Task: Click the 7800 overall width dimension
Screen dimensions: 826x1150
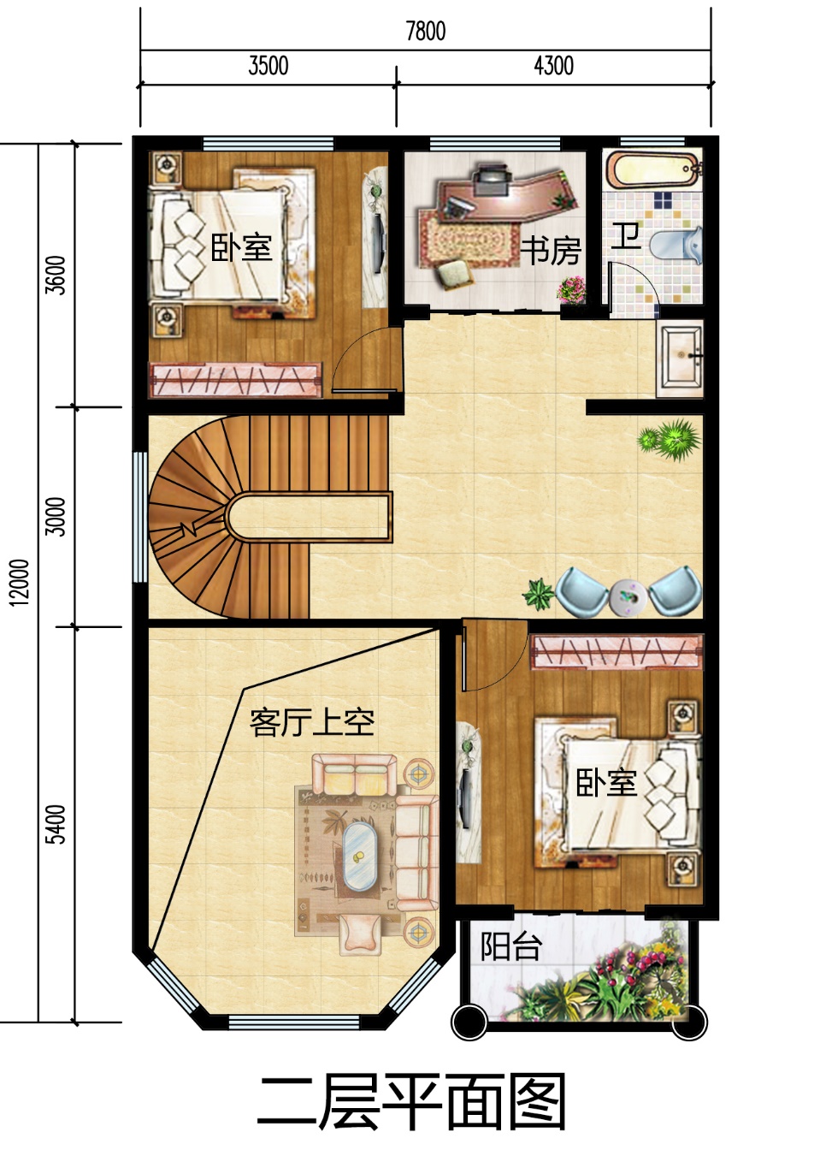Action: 425,32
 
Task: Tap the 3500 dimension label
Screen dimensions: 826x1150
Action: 268,66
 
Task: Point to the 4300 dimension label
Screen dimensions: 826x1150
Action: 553,66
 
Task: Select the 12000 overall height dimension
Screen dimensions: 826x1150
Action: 20,582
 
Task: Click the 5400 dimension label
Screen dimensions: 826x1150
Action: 56,824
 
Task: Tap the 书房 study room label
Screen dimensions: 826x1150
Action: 551,251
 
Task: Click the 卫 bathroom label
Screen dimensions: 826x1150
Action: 626,237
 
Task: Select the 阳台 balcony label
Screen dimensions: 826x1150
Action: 511,946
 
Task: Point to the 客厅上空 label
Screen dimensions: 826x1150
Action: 312,723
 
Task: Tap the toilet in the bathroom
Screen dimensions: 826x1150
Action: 676,246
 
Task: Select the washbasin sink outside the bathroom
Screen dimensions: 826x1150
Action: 681,358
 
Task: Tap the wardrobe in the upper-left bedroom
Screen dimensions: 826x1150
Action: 235,380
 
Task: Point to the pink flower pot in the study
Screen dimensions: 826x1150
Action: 571,291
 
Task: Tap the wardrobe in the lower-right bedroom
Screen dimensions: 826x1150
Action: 617,651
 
